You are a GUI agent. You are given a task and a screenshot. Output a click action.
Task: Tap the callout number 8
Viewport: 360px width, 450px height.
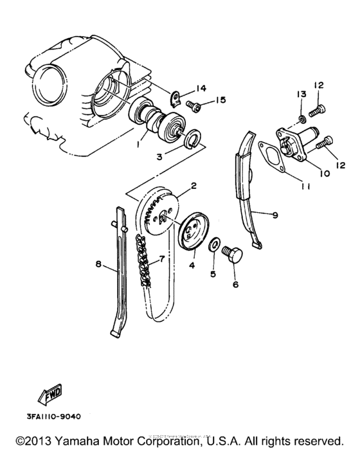[98, 264]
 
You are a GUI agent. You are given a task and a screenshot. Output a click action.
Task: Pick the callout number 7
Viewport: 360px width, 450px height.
[161, 258]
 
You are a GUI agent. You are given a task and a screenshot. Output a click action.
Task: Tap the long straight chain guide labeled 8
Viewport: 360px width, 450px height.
[121, 270]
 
